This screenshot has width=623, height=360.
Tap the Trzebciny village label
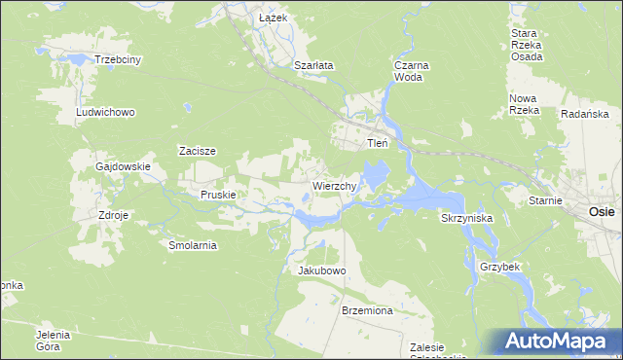[x=118, y=59]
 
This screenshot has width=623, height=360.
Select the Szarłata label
[x=313, y=65]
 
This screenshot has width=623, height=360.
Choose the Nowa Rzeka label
[x=524, y=104]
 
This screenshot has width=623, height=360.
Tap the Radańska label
[x=585, y=114]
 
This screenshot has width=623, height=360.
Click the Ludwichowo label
[x=105, y=112]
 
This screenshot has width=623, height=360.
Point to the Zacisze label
[x=197, y=151]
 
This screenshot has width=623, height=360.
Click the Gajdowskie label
[x=123, y=166]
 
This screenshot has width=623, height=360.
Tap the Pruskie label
[x=219, y=195]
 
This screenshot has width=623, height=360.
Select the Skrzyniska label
[x=466, y=219]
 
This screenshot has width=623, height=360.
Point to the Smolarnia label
[x=193, y=245]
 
